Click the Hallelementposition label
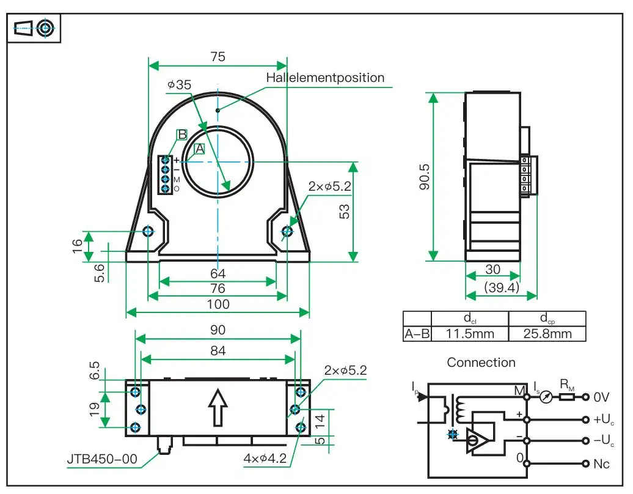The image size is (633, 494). point(325,78)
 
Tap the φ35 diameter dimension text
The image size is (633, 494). point(179,85)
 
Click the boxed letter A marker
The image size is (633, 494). point(199,148)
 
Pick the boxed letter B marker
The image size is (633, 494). point(181,135)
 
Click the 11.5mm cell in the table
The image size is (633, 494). point(470,334)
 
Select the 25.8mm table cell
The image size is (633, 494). point(547,334)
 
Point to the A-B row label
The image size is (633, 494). point(417,334)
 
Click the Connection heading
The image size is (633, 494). point(481,363)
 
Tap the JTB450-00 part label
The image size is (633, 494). point(102,459)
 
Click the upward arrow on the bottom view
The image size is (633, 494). point(218,408)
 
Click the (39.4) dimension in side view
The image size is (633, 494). point(501,287)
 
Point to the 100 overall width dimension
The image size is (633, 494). point(218,304)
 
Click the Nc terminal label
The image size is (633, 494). point(601,464)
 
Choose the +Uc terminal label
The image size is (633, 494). point(604,420)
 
